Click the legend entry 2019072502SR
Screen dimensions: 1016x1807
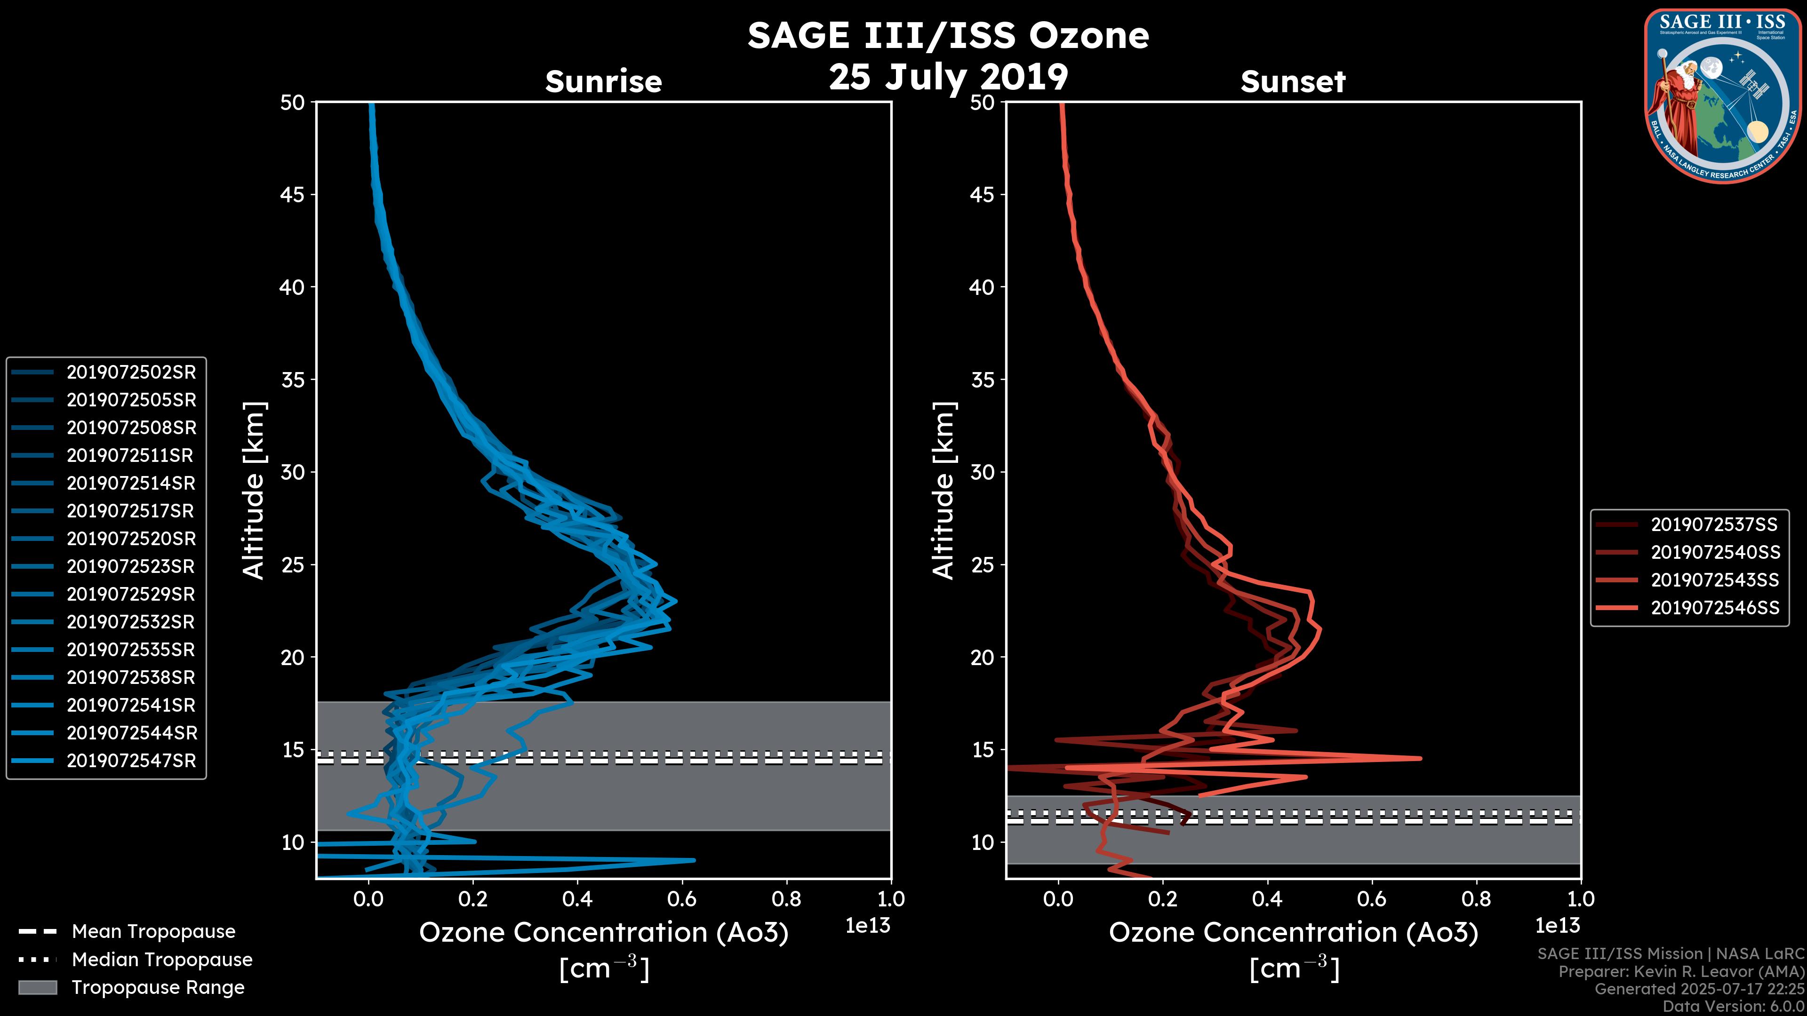point(131,373)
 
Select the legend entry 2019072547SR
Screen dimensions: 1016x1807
point(131,761)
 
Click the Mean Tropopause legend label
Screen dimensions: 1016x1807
point(153,932)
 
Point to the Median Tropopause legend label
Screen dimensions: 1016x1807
point(162,960)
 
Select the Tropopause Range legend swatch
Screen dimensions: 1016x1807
point(37,987)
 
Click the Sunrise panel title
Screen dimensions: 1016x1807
point(603,82)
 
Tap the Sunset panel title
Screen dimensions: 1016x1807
point(1293,82)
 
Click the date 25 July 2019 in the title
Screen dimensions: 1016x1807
point(948,77)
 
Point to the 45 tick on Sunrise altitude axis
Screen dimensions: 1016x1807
point(293,194)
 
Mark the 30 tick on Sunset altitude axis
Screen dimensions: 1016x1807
point(983,472)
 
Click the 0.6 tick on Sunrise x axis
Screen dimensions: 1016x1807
point(681,899)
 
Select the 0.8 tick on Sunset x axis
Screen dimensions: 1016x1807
point(1476,899)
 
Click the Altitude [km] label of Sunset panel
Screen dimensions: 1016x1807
point(943,491)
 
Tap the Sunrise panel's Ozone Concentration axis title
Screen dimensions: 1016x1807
point(603,933)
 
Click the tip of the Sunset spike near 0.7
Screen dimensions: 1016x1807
point(1421,758)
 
